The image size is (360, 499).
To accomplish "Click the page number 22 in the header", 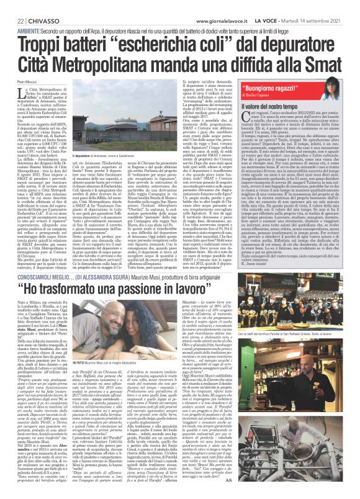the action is point(13,6).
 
